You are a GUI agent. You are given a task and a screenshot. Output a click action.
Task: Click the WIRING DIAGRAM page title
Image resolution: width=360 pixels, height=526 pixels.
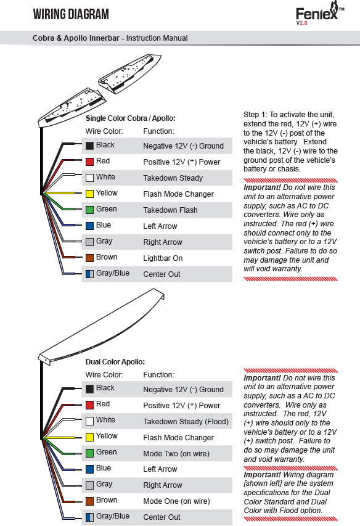point(71,14)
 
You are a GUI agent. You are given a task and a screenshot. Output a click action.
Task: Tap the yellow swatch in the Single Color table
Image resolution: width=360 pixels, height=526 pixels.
point(89,194)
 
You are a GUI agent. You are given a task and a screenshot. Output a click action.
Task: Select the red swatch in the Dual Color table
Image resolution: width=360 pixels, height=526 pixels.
point(89,405)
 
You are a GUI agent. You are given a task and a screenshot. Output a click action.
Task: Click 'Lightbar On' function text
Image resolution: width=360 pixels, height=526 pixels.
point(163,258)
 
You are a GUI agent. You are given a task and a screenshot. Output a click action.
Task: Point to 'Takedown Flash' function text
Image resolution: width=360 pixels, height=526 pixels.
point(170,210)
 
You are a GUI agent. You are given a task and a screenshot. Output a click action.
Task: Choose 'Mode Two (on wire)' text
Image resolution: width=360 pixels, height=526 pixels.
point(176,453)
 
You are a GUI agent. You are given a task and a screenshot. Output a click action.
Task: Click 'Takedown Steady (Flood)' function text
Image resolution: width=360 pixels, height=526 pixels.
point(186,422)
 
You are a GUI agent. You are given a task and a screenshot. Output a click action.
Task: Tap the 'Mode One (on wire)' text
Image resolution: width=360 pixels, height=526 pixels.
point(177,501)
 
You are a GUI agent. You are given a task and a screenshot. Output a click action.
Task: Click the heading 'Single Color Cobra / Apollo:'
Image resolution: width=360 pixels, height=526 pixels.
point(131,118)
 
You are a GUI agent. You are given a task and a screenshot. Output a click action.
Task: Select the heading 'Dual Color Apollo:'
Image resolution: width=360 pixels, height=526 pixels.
point(115,362)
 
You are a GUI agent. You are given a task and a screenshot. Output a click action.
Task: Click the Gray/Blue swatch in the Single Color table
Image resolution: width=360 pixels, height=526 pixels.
point(89,274)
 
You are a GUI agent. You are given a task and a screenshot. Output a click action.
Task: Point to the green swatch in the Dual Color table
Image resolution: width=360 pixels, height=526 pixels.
point(89,453)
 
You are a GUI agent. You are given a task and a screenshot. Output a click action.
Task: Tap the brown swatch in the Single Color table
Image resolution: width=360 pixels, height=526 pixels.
point(89,258)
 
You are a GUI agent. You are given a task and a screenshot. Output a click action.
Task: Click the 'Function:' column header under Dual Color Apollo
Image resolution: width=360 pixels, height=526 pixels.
point(159,375)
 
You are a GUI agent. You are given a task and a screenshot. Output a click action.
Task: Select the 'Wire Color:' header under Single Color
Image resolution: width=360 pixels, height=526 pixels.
point(104,131)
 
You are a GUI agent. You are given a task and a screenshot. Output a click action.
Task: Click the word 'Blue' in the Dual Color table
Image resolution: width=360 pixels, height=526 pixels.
point(104,468)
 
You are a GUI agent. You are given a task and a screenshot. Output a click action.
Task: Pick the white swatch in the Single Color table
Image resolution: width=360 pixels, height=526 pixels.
point(89,178)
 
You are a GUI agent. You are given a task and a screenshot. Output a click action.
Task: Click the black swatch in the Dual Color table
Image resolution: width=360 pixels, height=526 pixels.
point(89,389)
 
